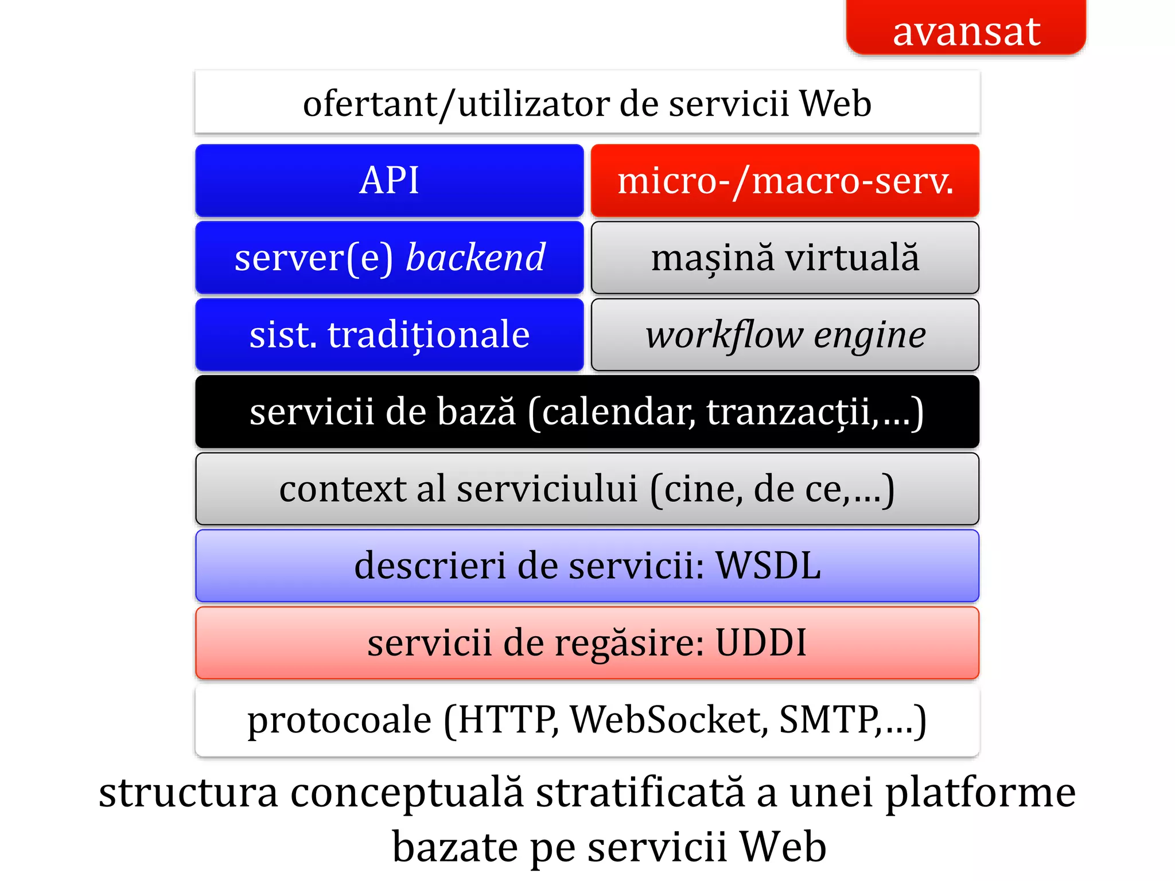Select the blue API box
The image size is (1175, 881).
(389, 180)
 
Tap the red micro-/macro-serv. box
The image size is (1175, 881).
(785, 180)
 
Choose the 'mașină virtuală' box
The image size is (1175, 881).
(785, 257)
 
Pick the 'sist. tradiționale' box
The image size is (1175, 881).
(389, 334)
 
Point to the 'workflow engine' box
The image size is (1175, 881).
(785, 334)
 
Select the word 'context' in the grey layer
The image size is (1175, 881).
(343, 489)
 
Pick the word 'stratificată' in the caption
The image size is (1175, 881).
(640, 792)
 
